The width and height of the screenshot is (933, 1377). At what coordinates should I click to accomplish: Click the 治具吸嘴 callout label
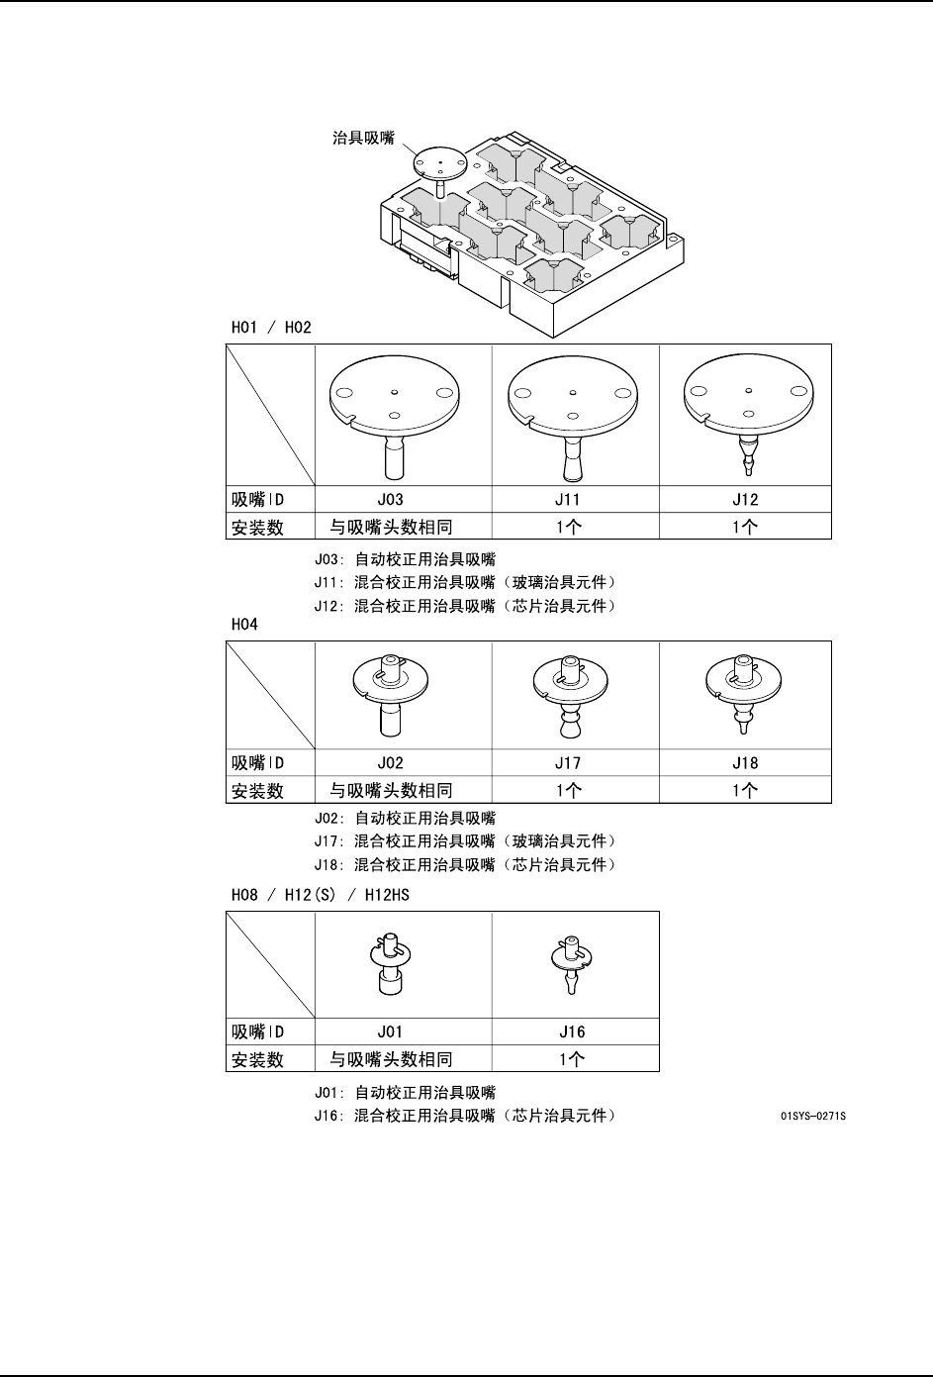362,139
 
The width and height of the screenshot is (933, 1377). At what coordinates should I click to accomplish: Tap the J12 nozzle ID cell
745,500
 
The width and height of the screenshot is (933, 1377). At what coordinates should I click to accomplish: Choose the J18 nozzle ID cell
745,763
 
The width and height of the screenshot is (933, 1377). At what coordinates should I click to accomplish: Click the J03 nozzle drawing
396,411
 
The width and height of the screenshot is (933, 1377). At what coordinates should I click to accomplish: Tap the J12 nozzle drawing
748,411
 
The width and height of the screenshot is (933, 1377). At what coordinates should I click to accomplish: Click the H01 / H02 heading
271,328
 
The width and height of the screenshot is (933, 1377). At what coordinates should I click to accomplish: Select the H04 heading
243,625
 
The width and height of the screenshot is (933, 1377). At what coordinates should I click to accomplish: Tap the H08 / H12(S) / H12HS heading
320,894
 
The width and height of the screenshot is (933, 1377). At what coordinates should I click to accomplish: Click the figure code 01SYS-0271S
813,1117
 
